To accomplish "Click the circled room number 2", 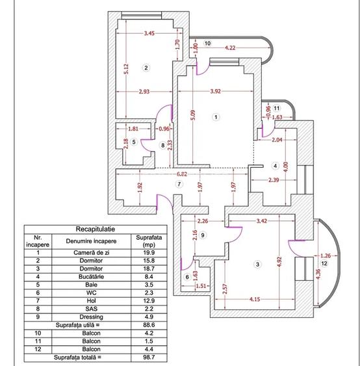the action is [x=146, y=68].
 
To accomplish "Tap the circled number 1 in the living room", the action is [x=216, y=117].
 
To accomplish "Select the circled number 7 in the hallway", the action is [x=179, y=184].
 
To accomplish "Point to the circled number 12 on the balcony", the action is [x=324, y=263].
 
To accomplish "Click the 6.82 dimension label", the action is [x=182, y=174].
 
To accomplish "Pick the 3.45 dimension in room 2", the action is [x=149, y=33].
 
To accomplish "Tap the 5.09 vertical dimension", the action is [x=193, y=115].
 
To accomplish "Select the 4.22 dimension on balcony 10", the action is [x=230, y=47].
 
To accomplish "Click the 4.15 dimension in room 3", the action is [x=255, y=299].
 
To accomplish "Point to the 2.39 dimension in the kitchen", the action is [x=274, y=180].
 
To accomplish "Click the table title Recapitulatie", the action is [x=95, y=229].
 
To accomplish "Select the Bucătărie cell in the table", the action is [x=91, y=277].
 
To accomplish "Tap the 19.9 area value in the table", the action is [x=149, y=252].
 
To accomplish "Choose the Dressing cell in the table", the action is [x=91, y=317].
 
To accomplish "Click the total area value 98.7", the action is [x=149, y=357].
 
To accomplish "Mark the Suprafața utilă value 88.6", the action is [x=149, y=325].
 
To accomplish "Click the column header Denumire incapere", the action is [x=91, y=241].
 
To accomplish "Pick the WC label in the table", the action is [x=91, y=293].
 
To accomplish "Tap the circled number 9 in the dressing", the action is [x=203, y=235].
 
